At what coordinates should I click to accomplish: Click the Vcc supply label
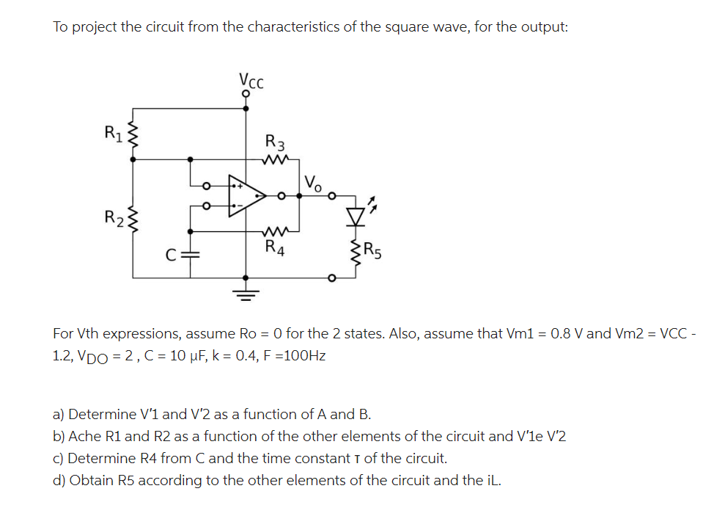tap(251, 80)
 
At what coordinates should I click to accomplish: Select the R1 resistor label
tap(114, 134)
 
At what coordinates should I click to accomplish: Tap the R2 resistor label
tap(114, 217)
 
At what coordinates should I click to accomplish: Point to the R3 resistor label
tap(276, 142)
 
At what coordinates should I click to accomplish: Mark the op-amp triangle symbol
tap(246, 196)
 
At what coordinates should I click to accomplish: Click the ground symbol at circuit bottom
tap(246, 296)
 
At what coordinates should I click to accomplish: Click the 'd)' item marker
tap(59, 480)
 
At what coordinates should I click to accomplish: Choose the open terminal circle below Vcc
tap(246, 94)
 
